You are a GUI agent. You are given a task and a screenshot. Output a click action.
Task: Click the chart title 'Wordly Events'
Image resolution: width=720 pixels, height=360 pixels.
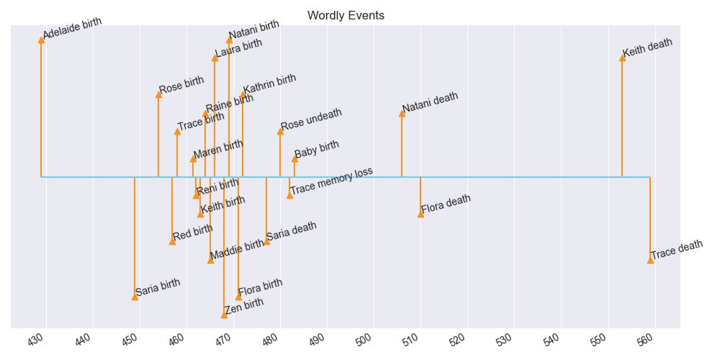(x=346, y=15)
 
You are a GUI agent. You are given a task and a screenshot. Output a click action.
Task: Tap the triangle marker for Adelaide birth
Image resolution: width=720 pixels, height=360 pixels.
(x=41, y=40)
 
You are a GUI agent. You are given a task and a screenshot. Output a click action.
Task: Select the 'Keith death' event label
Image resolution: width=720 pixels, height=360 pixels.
(x=647, y=47)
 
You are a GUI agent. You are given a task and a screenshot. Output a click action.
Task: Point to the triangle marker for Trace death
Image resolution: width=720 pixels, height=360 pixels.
(x=650, y=259)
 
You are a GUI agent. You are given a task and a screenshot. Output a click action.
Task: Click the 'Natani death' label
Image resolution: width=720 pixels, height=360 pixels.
(x=430, y=103)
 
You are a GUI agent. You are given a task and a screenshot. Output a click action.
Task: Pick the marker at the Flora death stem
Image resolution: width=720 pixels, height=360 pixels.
(x=420, y=213)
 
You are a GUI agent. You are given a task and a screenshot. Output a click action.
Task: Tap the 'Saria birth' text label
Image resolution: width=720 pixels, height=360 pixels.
(x=158, y=287)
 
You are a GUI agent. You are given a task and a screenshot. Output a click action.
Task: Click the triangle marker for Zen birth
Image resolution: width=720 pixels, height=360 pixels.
(x=224, y=315)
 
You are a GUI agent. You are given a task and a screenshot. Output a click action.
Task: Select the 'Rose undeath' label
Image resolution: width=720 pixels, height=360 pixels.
(x=311, y=120)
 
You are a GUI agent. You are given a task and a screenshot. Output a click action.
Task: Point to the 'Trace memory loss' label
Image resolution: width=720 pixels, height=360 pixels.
(x=331, y=181)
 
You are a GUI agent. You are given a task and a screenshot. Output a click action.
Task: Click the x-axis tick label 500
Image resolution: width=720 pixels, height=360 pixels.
(x=371, y=339)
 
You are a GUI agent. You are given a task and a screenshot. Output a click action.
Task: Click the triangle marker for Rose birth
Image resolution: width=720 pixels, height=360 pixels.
(x=158, y=94)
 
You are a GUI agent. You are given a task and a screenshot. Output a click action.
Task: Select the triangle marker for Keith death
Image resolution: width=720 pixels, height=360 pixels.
(x=622, y=58)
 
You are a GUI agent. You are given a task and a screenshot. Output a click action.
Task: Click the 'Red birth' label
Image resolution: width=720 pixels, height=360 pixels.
(x=193, y=233)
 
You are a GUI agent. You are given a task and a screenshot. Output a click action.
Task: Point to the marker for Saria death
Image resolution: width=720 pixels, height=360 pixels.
(x=266, y=241)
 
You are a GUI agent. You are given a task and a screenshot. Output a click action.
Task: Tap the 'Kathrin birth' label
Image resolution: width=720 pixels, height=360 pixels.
(x=269, y=84)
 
